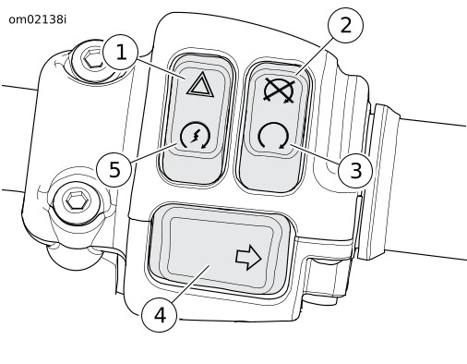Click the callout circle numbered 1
[121, 53]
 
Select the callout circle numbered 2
[345, 25]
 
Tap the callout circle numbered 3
[355, 170]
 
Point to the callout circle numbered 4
[160, 315]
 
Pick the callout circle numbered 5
[114, 169]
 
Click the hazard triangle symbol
[200, 86]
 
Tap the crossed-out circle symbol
[279, 91]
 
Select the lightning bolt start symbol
[195, 136]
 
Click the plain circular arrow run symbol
[273, 137]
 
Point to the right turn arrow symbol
[248, 258]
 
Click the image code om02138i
[37, 19]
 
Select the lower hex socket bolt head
[74, 202]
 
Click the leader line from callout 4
[190, 284]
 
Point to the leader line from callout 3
[316, 153]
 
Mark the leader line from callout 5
[154, 152]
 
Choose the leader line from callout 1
[162, 67]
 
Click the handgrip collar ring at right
[379, 182]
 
